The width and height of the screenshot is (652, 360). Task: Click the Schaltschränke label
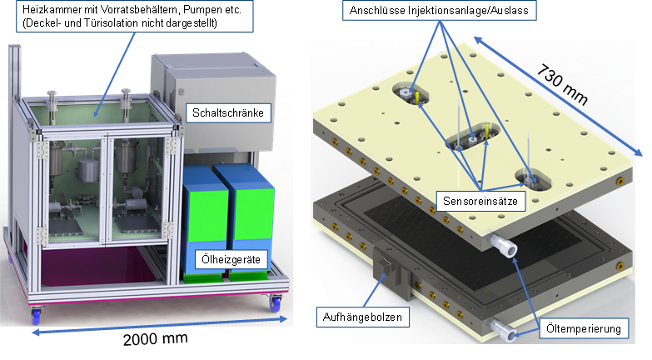230,113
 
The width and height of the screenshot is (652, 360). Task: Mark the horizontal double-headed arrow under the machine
159,324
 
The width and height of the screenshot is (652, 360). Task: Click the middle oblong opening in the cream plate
469,138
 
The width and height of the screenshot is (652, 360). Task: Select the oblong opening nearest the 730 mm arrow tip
530,177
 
